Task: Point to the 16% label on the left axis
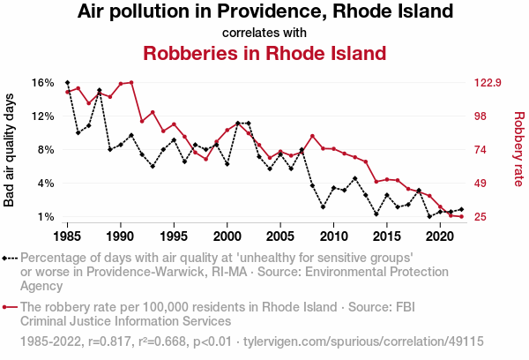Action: (43, 83)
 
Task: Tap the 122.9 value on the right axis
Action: (488, 83)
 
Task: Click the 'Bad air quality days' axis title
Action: (11, 149)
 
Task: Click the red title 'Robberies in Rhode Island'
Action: (264, 53)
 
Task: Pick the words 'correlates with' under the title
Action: (264, 33)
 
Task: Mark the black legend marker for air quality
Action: (6, 259)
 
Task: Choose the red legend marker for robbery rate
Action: (6, 306)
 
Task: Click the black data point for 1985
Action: (67, 82)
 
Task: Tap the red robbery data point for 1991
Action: (131, 82)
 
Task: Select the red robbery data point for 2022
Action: (461, 216)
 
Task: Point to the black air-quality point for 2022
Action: (461, 209)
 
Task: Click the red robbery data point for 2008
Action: (312, 136)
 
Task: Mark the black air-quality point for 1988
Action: (100, 90)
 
